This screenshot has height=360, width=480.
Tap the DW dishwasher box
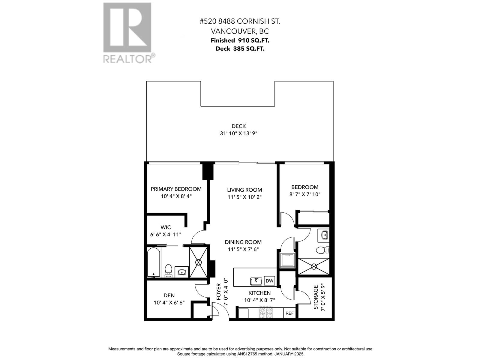pos(269,281)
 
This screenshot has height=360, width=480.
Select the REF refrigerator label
pos(289,313)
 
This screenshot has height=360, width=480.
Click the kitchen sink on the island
pos(256,281)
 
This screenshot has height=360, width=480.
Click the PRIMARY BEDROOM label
pos(176,189)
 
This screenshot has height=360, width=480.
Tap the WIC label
pos(166,227)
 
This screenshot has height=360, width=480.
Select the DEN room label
pos(169,295)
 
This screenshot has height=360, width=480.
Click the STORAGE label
pos(316,297)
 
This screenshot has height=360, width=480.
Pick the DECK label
pos(238,126)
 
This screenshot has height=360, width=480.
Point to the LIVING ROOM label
pos(244,190)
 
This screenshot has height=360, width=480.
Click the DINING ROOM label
pos(243,242)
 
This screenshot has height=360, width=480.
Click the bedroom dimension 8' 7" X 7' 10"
pos(305,194)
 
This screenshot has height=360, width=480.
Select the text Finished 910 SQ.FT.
pos(240,40)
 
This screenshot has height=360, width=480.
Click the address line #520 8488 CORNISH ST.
pos(240,22)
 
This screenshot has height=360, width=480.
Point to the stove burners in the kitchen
pos(265,313)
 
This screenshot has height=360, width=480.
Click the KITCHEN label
pos(259,293)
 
